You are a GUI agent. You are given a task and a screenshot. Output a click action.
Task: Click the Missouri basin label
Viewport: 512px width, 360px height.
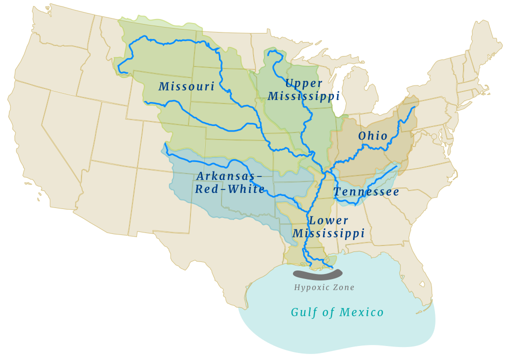click(186, 86)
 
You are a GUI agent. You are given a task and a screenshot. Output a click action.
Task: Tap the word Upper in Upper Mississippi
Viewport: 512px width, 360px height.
click(303, 83)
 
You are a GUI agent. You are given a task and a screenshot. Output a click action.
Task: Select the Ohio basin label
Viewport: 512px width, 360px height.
click(373, 136)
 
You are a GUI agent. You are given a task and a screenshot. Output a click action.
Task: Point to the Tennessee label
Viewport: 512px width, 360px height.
click(366, 192)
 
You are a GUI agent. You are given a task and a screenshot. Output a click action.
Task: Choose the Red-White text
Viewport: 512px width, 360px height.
click(230, 189)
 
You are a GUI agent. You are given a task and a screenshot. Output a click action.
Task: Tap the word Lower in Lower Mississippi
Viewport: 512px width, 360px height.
click(328, 220)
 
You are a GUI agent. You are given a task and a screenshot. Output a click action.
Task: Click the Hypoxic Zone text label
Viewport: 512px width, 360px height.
click(324, 287)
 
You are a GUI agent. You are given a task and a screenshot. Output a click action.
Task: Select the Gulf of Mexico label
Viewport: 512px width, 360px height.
click(337, 312)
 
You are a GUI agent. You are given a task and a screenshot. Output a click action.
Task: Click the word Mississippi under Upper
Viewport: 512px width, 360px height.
click(303, 96)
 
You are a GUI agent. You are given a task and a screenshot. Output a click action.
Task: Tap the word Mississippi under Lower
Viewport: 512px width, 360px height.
click(328, 233)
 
